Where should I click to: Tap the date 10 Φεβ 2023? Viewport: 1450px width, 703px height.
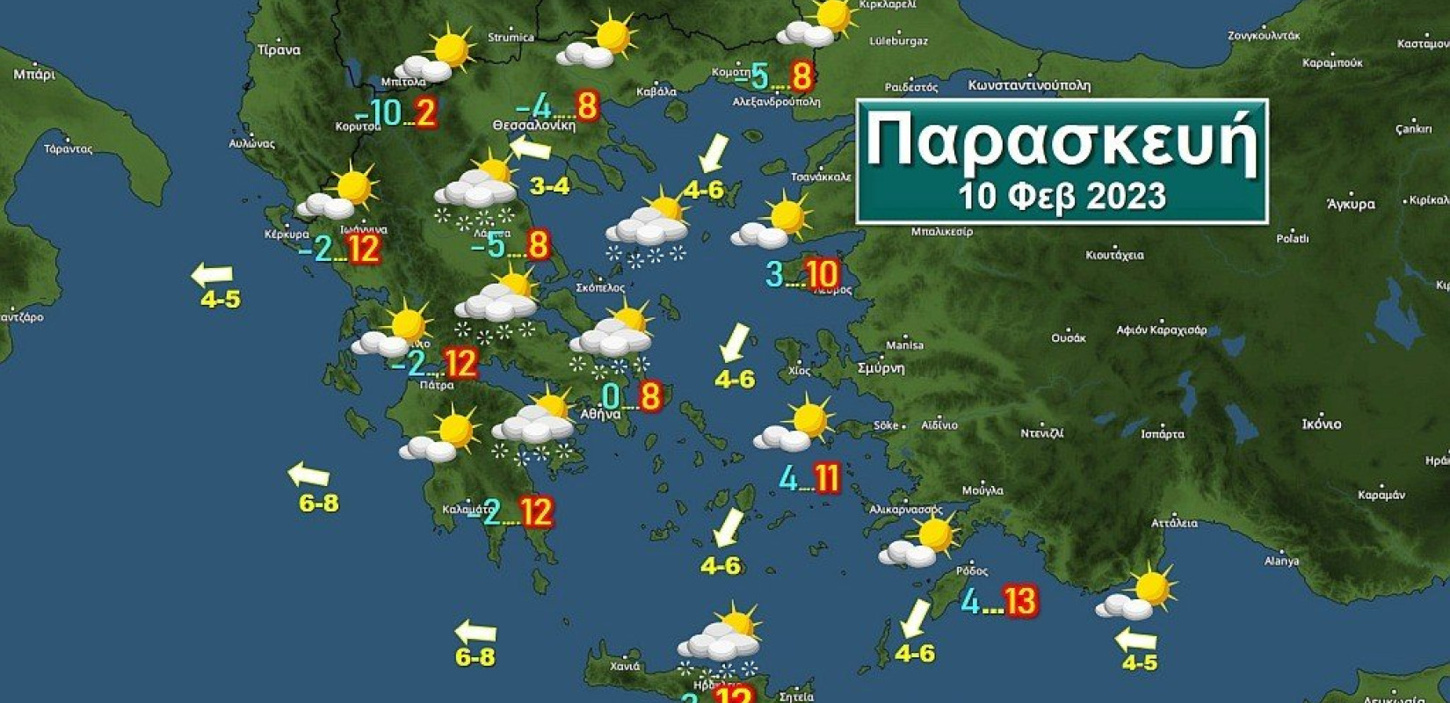pos(1062,196)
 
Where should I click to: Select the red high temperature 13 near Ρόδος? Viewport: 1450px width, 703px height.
pos(1020,602)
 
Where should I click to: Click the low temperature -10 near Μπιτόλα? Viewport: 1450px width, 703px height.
pos(379,113)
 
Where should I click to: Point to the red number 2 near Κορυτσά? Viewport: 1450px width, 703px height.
pos(425,113)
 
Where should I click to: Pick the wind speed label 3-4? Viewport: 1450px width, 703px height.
pos(550,186)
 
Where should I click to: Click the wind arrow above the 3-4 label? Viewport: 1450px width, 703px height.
pos(530,148)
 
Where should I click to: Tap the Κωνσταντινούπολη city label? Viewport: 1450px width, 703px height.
pos(1028,86)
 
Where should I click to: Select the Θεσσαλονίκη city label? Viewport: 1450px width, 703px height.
pos(533,126)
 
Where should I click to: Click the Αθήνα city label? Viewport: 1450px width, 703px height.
pos(600,413)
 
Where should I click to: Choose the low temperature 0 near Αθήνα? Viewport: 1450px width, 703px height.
pos(611,396)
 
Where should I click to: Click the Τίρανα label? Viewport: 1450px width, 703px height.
pos(279,50)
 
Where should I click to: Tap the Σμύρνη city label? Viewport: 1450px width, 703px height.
pos(881,368)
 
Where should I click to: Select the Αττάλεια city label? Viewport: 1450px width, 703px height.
pos(1174,523)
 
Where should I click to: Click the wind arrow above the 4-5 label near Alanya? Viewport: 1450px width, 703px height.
pos(1135,638)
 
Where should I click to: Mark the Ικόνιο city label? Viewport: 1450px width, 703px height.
pos(1321,424)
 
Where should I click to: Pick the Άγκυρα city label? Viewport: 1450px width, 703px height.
pos(1351,204)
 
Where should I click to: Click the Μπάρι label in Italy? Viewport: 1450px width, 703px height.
pos(34,75)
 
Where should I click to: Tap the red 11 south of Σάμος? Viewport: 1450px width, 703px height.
pos(827,479)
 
